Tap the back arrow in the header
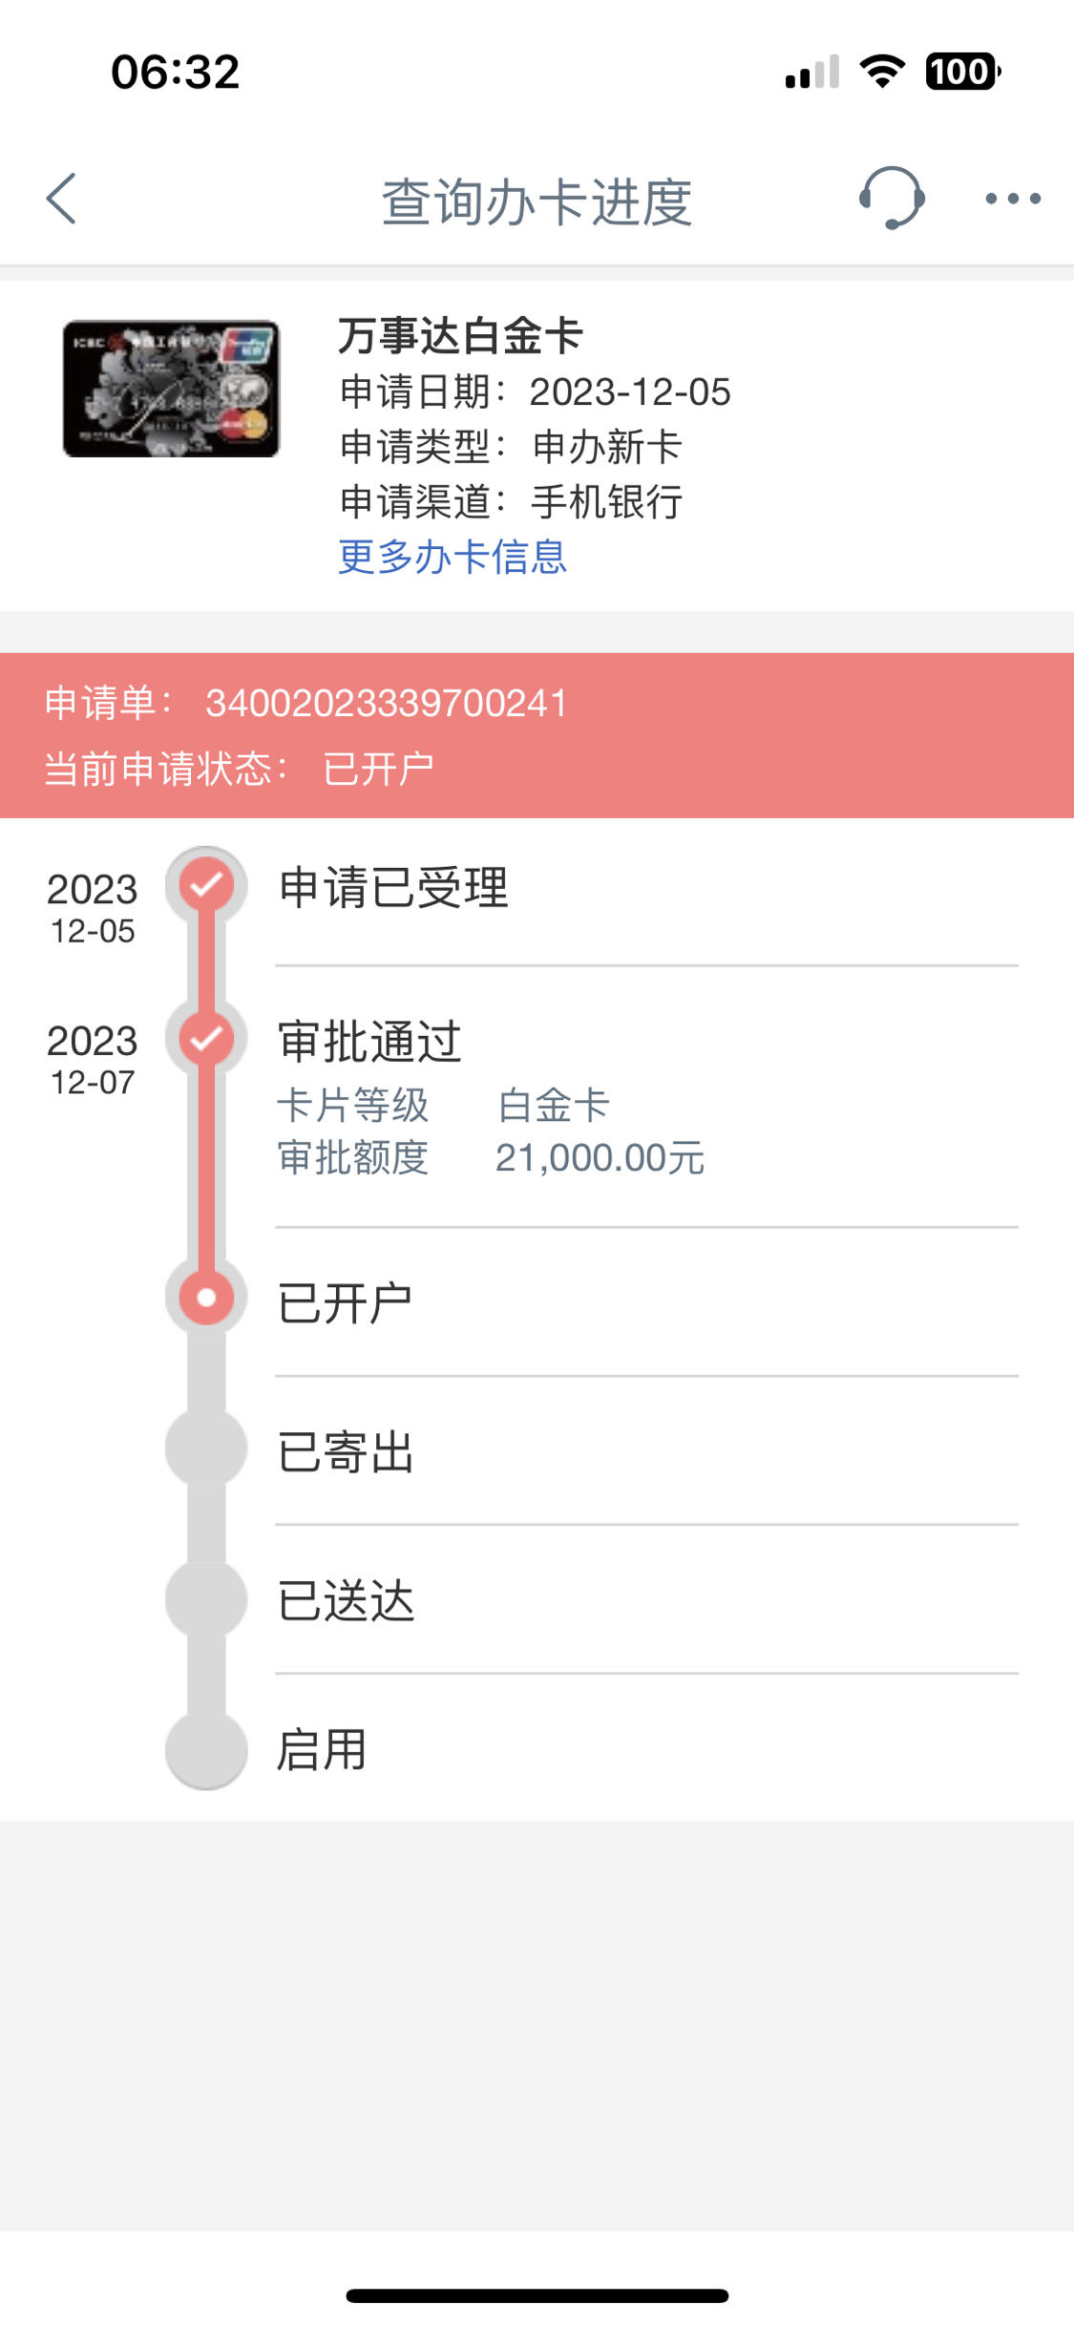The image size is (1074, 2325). click(x=61, y=199)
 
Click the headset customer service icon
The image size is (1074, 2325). click(x=892, y=198)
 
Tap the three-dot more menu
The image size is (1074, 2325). click(x=1013, y=199)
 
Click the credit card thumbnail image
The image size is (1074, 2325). click(x=171, y=389)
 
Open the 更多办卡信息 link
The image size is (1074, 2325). click(x=453, y=557)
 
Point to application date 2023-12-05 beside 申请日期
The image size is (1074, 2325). click(x=630, y=392)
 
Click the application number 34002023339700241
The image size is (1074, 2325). click(x=387, y=704)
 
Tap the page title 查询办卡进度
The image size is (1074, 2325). click(x=537, y=202)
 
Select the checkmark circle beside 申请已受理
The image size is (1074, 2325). click(x=206, y=886)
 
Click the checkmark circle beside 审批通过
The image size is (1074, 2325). click(x=206, y=1038)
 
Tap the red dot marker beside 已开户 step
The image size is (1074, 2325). click(x=206, y=1298)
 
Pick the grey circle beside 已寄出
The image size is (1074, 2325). click(x=206, y=1448)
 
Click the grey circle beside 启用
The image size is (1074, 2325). click(x=206, y=1749)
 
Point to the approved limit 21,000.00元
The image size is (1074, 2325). click(x=600, y=1158)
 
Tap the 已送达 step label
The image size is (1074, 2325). click(x=346, y=1601)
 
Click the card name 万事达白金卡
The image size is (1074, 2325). click(x=460, y=336)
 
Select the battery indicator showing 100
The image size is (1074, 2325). click(x=962, y=72)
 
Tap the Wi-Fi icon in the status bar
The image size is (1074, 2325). click(x=882, y=72)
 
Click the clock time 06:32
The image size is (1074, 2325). click(x=176, y=73)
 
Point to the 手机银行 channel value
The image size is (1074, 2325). click(x=606, y=502)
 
